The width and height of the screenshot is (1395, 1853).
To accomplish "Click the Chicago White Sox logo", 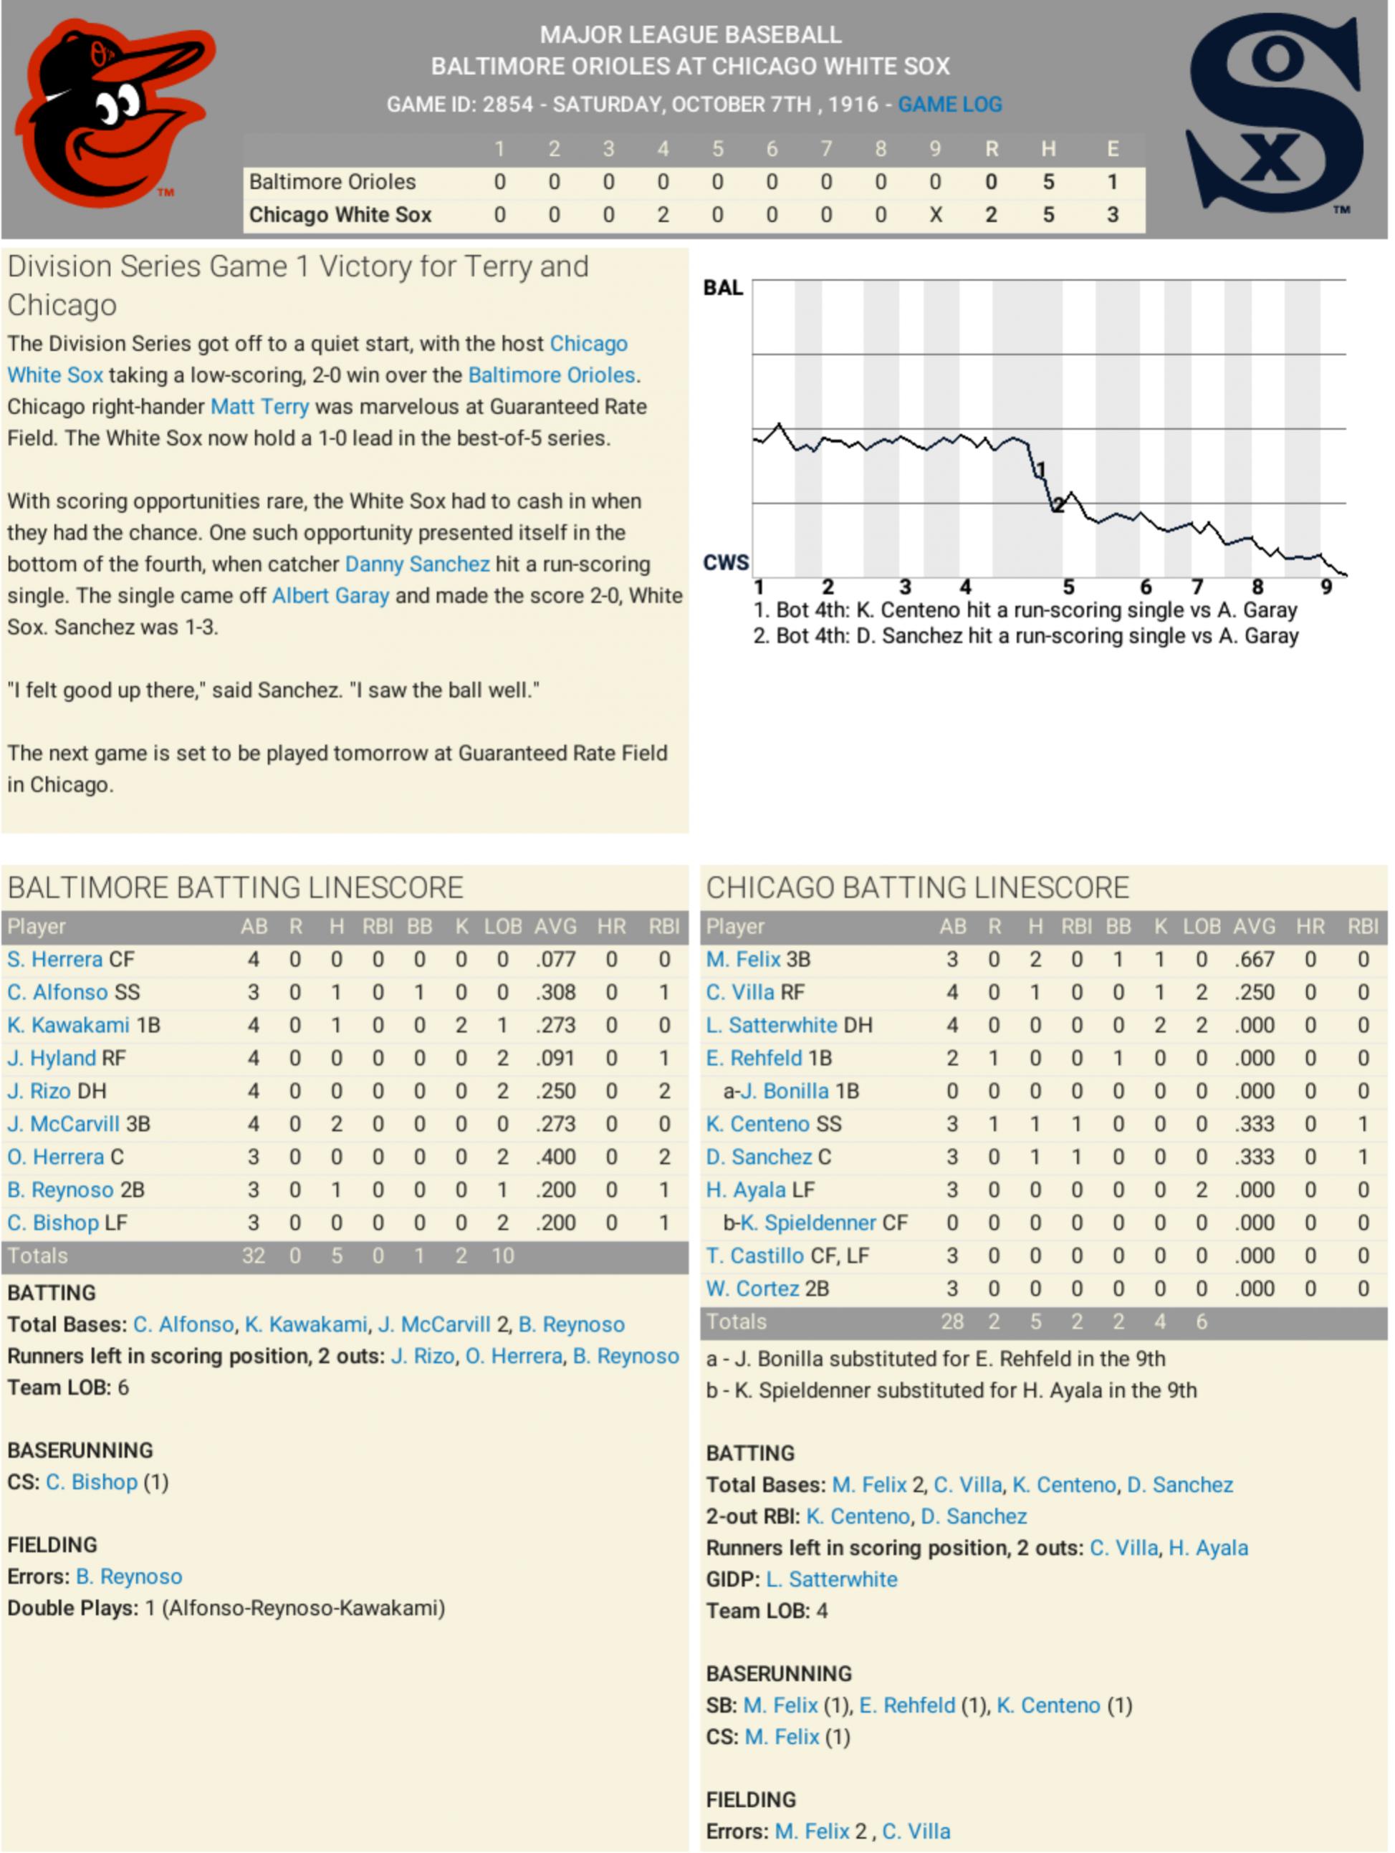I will pyautogui.click(x=1275, y=113).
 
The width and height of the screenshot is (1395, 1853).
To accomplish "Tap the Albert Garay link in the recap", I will pyautogui.click(x=330, y=596).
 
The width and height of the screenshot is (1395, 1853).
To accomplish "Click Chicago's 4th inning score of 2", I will pyautogui.click(x=663, y=216).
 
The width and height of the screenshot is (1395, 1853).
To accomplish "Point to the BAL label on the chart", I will pyautogui.click(x=723, y=288).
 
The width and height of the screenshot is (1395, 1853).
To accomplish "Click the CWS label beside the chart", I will pyautogui.click(x=726, y=562).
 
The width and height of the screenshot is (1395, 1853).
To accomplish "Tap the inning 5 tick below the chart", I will pyautogui.click(x=1068, y=587).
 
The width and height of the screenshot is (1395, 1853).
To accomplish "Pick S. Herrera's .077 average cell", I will pyautogui.click(x=555, y=959).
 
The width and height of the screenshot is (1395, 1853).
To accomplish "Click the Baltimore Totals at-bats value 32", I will pyautogui.click(x=253, y=1256).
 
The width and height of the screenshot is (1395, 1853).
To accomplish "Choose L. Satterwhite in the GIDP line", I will pyautogui.click(x=831, y=1580).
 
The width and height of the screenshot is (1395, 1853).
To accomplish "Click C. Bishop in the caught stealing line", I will pyautogui.click(x=91, y=1482).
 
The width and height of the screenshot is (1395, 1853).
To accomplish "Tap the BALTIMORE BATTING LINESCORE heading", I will pyautogui.click(x=236, y=888).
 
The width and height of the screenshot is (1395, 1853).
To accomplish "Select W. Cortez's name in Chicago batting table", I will pyautogui.click(x=752, y=1289).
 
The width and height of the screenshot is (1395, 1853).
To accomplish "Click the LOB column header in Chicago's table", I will pyautogui.click(x=1201, y=927).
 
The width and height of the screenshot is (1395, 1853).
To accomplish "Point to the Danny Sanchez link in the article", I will pyautogui.click(x=416, y=564).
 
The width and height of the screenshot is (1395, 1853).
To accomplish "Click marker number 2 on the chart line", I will pyautogui.click(x=1058, y=505).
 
